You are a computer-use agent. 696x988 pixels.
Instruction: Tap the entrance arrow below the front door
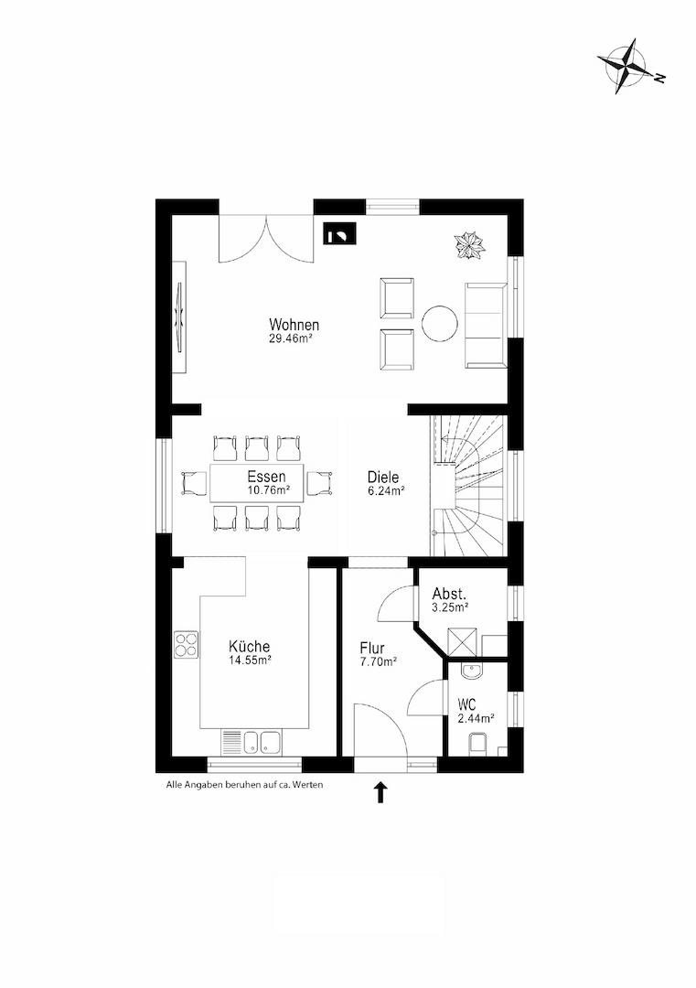click(x=380, y=792)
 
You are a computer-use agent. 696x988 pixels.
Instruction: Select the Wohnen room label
click(x=294, y=325)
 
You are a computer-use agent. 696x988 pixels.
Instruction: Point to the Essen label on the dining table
click(x=266, y=477)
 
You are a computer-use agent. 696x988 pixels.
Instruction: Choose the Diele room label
click(x=383, y=477)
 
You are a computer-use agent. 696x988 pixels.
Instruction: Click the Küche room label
click(x=250, y=647)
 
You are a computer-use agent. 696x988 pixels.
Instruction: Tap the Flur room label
click(x=372, y=648)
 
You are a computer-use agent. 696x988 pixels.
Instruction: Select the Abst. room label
click(x=449, y=594)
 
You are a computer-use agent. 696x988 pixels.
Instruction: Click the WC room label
click(x=467, y=703)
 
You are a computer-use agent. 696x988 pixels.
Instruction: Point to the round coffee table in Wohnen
click(x=439, y=324)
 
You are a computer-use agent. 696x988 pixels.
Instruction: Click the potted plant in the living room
click(x=470, y=245)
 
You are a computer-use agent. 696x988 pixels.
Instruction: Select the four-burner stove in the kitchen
click(x=187, y=645)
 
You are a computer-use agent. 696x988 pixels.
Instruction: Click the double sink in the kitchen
click(x=261, y=742)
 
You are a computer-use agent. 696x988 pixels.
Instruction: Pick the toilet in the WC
click(x=479, y=743)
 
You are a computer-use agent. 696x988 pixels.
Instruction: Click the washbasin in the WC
click(x=470, y=671)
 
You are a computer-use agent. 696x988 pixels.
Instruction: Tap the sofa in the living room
click(x=486, y=325)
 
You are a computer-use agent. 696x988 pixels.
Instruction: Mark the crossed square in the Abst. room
click(x=463, y=642)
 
